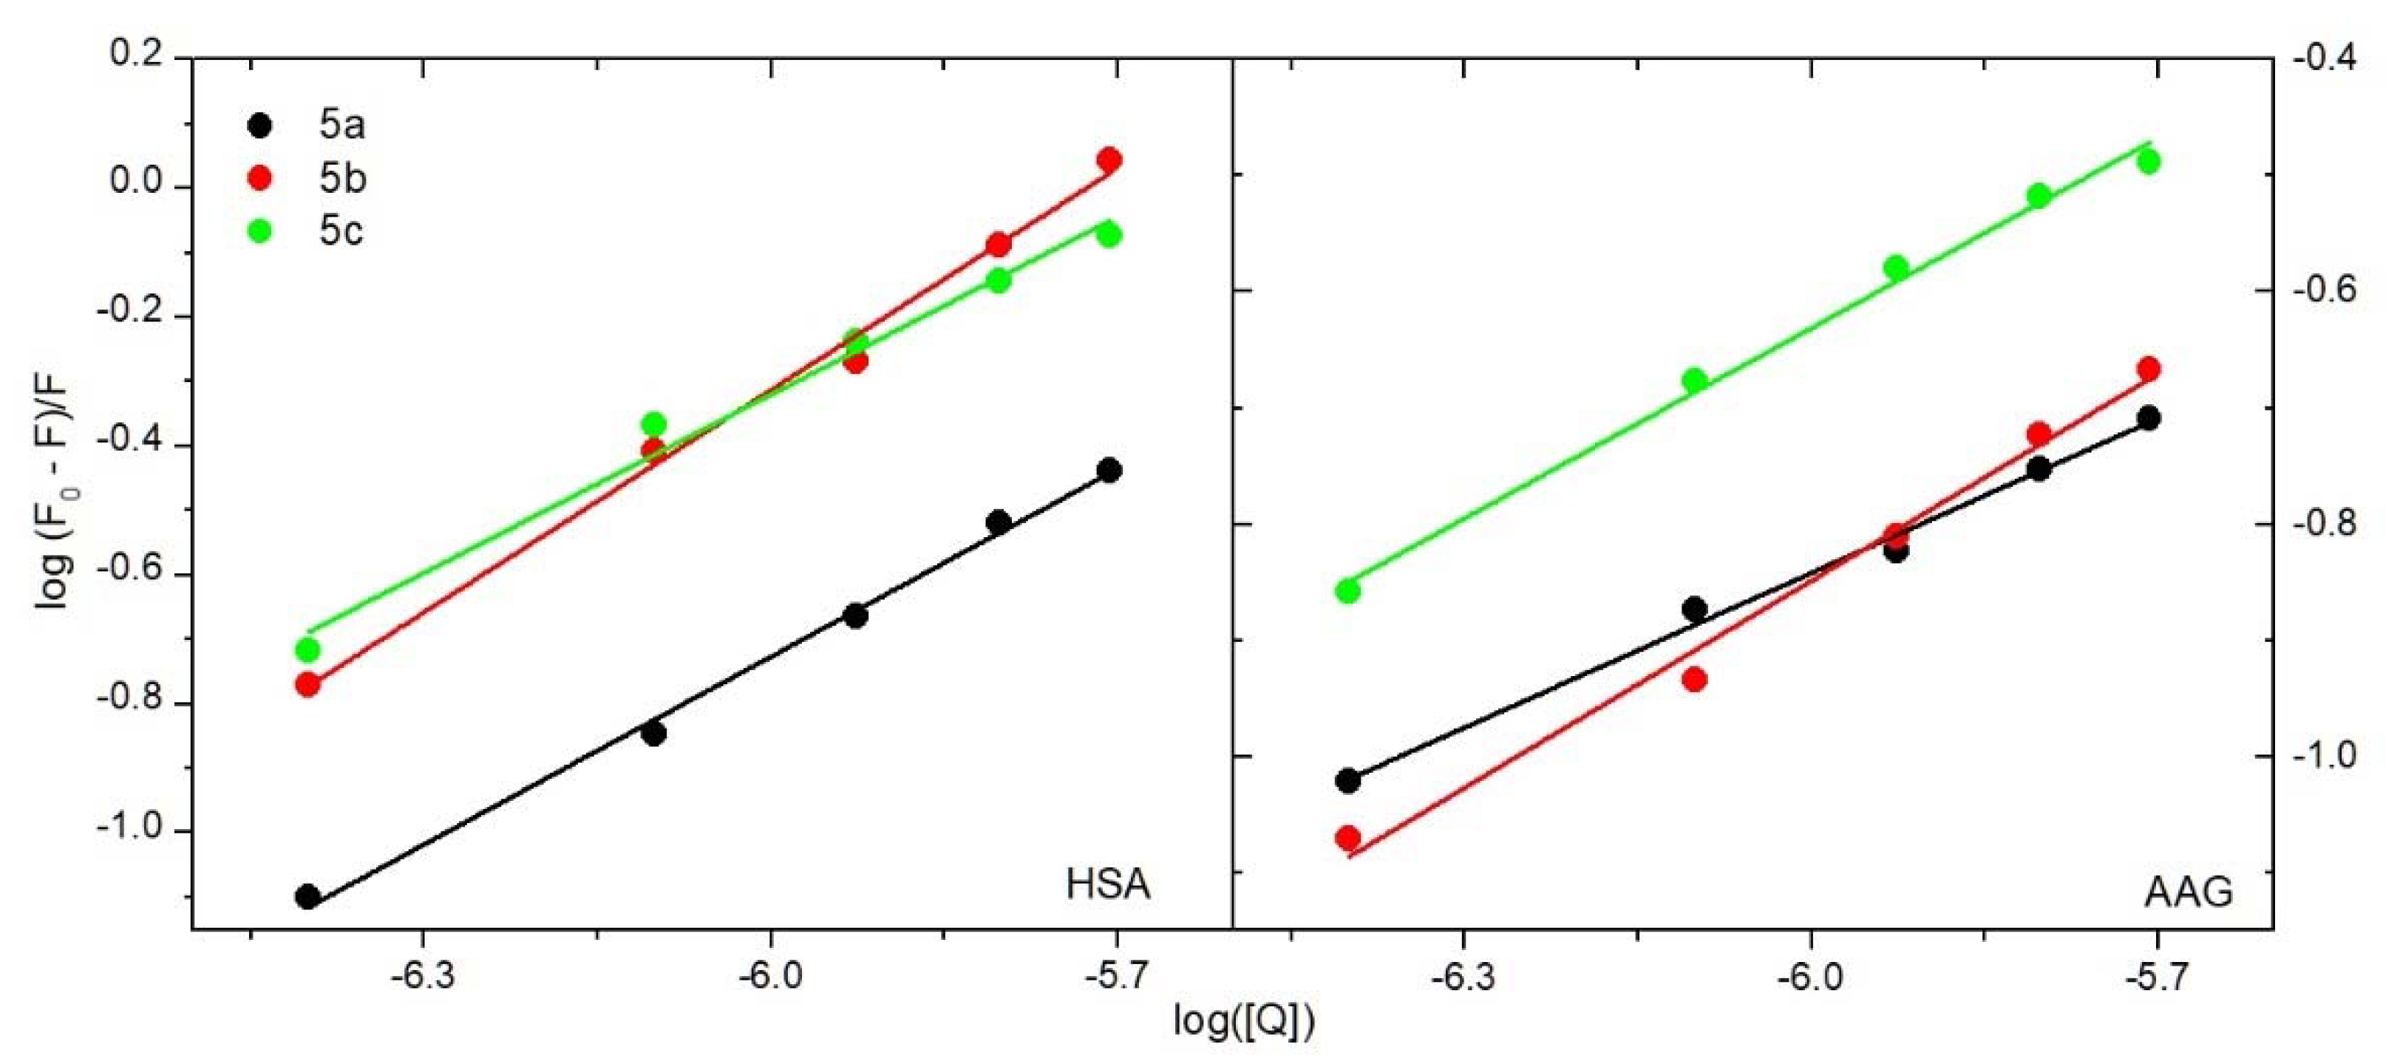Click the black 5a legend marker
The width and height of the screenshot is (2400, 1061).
click(260, 125)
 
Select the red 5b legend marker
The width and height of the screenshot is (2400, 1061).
click(260, 178)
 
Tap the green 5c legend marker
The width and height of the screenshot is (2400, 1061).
click(260, 230)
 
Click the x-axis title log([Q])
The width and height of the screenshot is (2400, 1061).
click(1244, 1022)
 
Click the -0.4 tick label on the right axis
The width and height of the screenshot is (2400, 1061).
click(2325, 58)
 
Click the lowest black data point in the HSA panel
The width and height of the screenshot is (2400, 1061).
click(307, 897)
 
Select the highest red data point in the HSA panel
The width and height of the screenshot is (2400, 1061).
click(1109, 160)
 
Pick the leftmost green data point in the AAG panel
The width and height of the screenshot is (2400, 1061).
click(1347, 590)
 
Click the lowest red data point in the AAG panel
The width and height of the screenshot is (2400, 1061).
click(1347, 837)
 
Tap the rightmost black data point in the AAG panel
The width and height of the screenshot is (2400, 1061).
click(2149, 417)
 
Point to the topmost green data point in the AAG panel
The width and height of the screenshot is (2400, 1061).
click(2149, 162)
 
